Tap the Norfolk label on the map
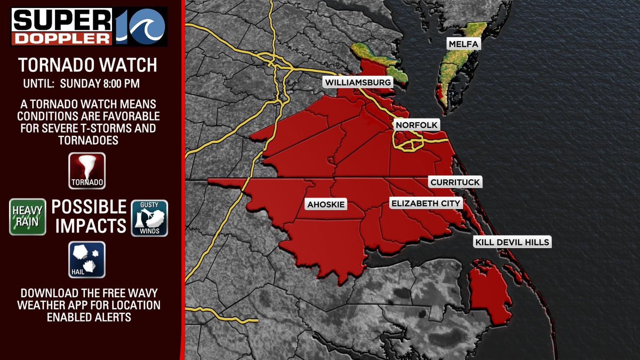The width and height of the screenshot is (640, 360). [x=417, y=125]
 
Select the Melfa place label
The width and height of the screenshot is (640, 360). [x=463, y=44]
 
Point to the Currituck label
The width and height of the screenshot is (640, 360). [x=455, y=182]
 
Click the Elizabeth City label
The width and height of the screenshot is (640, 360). [x=426, y=203]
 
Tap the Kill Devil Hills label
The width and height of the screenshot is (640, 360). [x=511, y=243]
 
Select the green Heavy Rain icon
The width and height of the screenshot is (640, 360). [x=27, y=217]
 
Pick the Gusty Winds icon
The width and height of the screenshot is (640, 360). [x=149, y=218]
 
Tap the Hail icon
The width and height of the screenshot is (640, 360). [x=87, y=260]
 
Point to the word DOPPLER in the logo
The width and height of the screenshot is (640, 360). [x=62, y=38]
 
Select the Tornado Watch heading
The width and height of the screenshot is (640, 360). [x=88, y=65]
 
